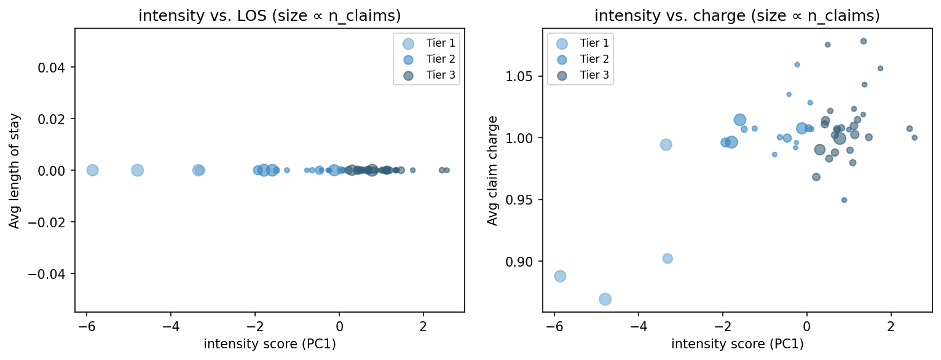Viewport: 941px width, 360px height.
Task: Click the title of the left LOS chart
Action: coord(269,16)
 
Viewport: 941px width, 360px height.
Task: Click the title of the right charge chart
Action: coord(737,16)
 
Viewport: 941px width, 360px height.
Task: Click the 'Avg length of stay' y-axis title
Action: coord(14,170)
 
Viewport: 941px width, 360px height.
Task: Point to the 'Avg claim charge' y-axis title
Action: coord(492,170)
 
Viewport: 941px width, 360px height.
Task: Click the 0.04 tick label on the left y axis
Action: coord(55,67)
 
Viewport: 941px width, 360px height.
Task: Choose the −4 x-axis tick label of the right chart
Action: coord(639,325)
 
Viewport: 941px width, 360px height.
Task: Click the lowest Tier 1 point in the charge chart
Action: coord(605,299)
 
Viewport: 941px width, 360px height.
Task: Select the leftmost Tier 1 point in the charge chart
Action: coord(560,276)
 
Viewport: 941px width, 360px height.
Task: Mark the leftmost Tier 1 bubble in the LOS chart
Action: coord(92,170)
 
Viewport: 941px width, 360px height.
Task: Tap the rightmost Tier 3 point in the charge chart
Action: coord(914,138)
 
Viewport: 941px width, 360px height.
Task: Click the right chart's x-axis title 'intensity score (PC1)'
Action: coord(737,345)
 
